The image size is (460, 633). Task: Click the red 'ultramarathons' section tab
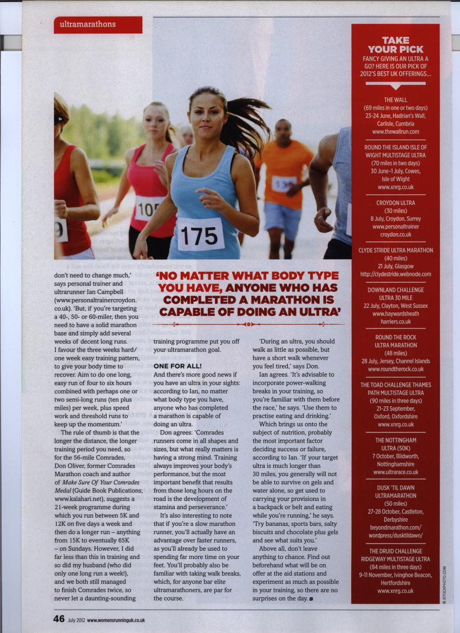tap(97, 24)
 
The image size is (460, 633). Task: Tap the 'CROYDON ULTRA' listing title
tap(396, 203)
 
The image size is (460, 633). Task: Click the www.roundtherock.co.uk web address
tap(396, 369)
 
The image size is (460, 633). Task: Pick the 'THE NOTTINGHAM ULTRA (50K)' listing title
tap(396, 444)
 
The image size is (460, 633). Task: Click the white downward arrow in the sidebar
tap(396, 85)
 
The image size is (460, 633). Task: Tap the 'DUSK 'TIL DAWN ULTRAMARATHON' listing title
tap(396, 491)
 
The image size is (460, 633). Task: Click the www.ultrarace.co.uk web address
tap(396, 472)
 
